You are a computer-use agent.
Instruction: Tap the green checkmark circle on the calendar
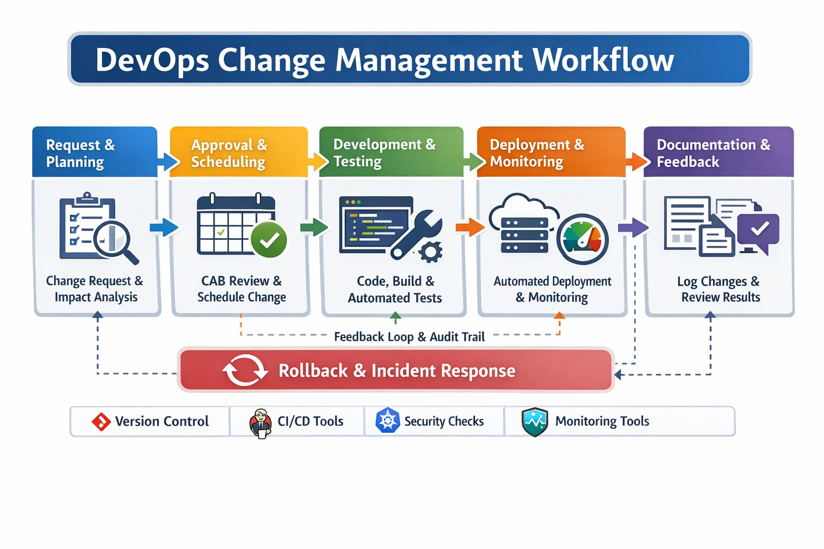tap(269, 240)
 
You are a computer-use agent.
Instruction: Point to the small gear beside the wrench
tap(431, 251)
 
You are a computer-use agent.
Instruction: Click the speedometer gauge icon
tap(583, 239)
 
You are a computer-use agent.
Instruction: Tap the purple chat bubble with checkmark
tap(758, 231)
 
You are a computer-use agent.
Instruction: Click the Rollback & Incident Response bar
tap(396, 370)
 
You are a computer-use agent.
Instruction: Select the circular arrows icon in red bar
tap(245, 370)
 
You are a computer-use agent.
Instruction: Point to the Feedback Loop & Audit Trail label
tap(409, 337)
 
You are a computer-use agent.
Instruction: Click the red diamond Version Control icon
tap(101, 422)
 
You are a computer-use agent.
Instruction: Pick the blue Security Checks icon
tap(387, 421)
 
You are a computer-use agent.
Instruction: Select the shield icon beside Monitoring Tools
tap(534, 422)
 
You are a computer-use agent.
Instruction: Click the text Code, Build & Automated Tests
tap(395, 290)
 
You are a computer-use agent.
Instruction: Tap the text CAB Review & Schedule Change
tap(241, 289)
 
